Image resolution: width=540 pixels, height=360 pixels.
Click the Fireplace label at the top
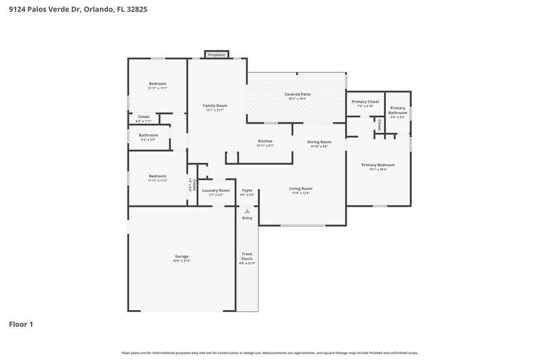pyautogui.click(x=217, y=54)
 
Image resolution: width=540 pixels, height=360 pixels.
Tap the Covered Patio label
pyautogui.click(x=296, y=95)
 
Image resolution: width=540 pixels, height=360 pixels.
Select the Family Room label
pyautogui.click(x=215, y=106)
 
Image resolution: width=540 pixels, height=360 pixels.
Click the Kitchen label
pyautogui.click(x=265, y=141)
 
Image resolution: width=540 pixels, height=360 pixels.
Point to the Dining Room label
pyautogui.click(x=318, y=142)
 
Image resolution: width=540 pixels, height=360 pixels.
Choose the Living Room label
pyautogui.click(x=300, y=188)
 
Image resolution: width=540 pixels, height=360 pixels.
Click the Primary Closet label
pyautogui.click(x=365, y=101)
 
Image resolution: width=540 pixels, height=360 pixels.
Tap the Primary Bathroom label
pyautogui.click(x=398, y=110)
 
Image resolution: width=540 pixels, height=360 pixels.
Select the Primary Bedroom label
pyautogui.click(x=377, y=165)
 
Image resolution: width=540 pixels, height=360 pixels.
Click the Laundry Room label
pyautogui.click(x=216, y=190)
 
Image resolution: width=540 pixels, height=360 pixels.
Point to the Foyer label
pyautogui.click(x=247, y=190)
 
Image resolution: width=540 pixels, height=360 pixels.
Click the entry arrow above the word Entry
pyautogui.click(x=247, y=211)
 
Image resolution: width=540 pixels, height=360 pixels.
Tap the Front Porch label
pyautogui.click(x=247, y=256)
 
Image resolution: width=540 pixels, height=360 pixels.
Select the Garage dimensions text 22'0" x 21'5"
pyautogui.click(x=182, y=261)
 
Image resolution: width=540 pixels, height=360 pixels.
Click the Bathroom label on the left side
pyautogui.click(x=148, y=135)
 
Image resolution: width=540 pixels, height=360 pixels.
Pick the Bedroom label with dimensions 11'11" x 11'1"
pyautogui.click(x=157, y=84)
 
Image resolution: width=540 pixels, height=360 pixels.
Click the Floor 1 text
pyautogui.click(x=21, y=324)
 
